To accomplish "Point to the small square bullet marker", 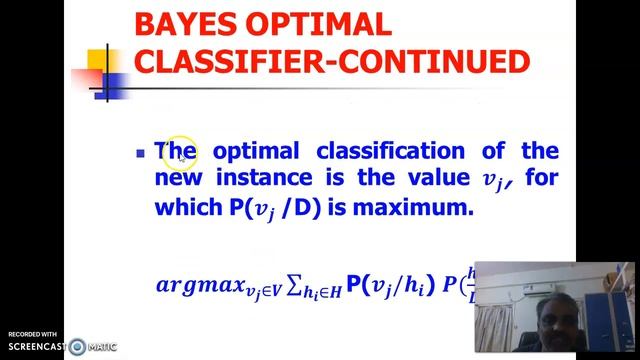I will click(x=140, y=154).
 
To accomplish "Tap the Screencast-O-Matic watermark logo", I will click(x=78, y=347).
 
